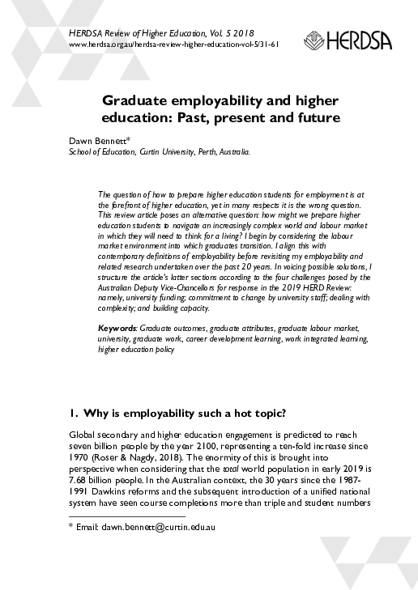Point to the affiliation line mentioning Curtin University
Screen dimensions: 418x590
point(158,151)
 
